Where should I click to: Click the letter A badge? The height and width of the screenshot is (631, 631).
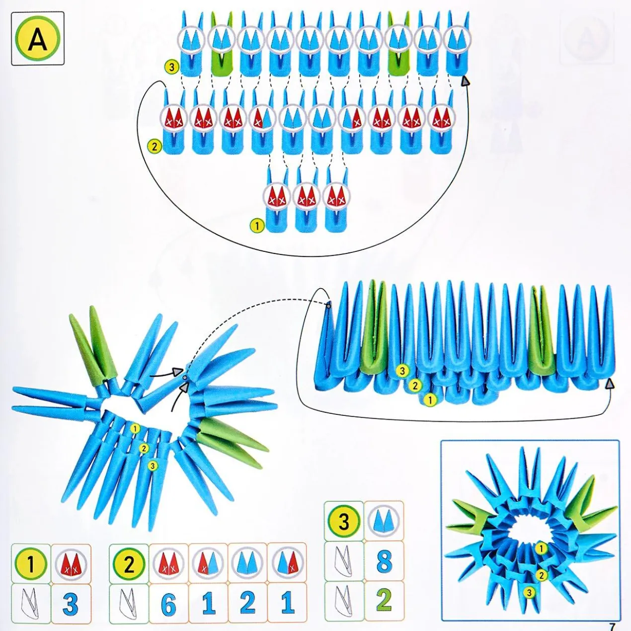coord(38,38)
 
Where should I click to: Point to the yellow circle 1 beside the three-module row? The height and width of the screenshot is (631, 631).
coord(257,226)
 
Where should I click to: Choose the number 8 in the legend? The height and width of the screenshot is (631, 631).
coord(384,552)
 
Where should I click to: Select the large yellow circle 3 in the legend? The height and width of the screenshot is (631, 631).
coord(343,513)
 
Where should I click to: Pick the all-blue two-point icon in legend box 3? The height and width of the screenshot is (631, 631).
coord(384,513)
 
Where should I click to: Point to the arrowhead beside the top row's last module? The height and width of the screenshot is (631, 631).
coord(465,81)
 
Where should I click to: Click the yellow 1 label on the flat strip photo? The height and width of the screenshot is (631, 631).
coord(430,399)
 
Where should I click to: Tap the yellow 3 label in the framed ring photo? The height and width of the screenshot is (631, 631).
coord(528,601)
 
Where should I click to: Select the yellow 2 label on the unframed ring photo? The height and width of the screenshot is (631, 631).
coord(143,447)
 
